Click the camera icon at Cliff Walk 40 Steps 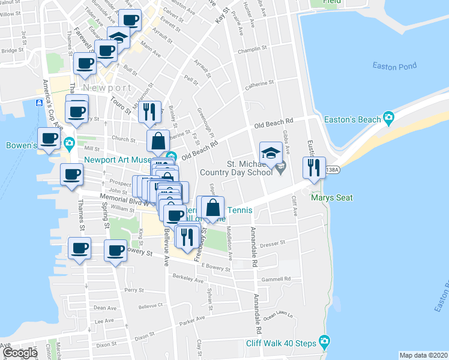[x=325, y=343]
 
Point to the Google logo [x=20, y=353]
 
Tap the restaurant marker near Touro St [x=149, y=112]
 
